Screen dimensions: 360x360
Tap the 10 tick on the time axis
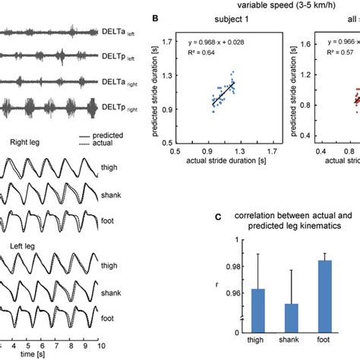102,345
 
